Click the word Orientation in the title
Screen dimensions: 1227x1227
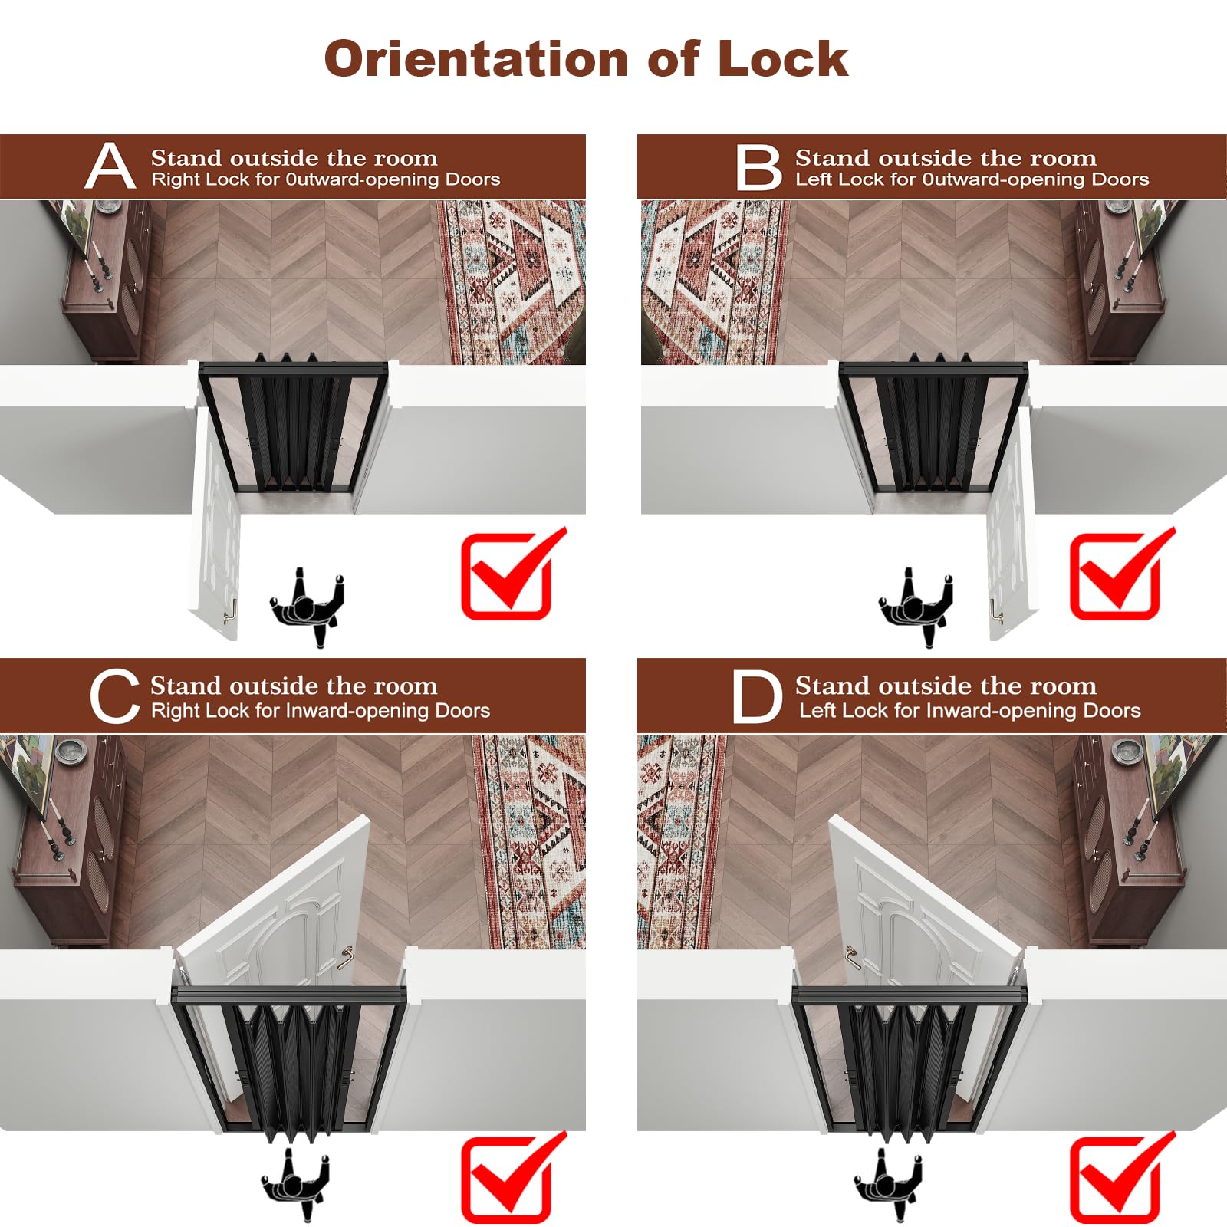click(x=476, y=59)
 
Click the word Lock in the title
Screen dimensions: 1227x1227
click(x=783, y=59)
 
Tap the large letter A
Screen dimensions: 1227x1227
click(x=110, y=166)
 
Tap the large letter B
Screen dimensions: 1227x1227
click(x=758, y=167)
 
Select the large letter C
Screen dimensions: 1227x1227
click(x=114, y=696)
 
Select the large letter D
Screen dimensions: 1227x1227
click(x=757, y=696)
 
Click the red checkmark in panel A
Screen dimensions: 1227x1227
click(x=512, y=574)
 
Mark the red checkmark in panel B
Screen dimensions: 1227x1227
click(x=1121, y=574)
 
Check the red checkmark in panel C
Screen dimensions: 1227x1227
click(x=512, y=1177)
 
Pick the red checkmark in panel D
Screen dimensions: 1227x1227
click(x=1121, y=1177)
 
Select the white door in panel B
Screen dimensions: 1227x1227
click(x=1011, y=521)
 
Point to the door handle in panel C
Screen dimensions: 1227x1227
click(x=346, y=955)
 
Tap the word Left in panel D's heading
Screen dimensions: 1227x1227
click(x=817, y=711)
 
